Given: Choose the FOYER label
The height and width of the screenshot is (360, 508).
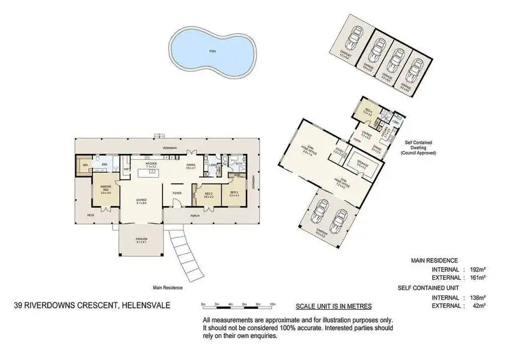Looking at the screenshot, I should tap(177, 193).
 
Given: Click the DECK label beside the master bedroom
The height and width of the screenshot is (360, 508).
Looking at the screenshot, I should tap(90, 215).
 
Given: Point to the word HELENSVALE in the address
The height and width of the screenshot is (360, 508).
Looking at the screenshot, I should tap(145, 305).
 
